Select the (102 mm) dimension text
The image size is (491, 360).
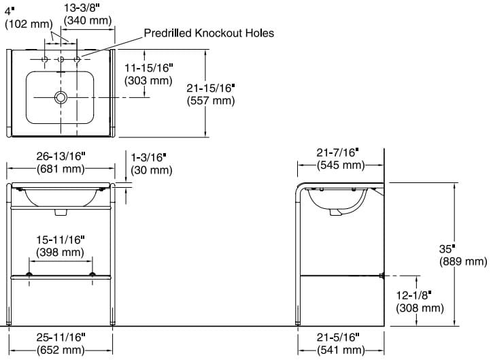[29, 24]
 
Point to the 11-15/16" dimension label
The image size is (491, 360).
[148, 67]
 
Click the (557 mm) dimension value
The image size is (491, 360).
[210, 100]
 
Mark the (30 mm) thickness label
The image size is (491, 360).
[151, 170]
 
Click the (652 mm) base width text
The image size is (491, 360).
[61, 350]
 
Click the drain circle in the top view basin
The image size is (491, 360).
[61, 97]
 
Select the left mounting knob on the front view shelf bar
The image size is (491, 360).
[29, 274]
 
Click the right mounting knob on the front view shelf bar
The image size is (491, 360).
[92, 274]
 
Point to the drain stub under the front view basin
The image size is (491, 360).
[61, 212]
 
